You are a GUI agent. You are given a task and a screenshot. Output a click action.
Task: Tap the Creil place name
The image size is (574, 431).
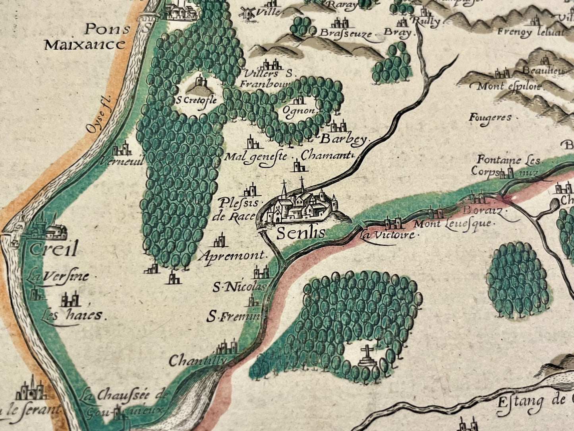52,250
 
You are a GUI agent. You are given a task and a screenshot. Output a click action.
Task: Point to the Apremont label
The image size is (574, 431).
234,256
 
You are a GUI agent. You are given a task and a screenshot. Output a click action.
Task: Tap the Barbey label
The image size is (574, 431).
344,139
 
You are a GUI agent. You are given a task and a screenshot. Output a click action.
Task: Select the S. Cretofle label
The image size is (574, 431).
197,100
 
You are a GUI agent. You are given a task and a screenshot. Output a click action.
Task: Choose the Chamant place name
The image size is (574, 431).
327,155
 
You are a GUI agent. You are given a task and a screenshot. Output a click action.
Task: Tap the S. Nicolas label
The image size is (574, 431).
238,287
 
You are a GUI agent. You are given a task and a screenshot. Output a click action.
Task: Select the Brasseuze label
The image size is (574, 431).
345,33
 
